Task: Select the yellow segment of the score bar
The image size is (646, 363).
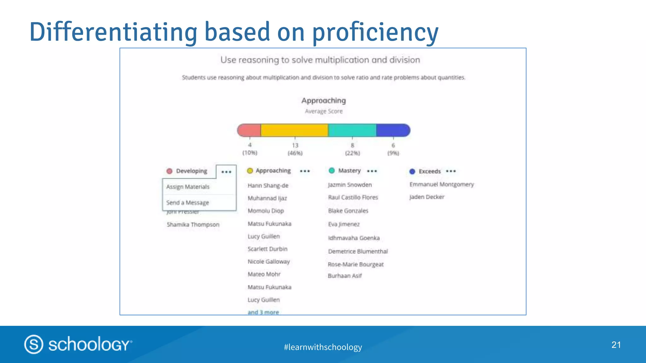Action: (294, 130)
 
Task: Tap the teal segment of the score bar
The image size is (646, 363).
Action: (352, 130)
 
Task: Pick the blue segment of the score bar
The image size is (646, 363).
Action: (393, 130)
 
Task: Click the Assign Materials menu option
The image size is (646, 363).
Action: (188, 187)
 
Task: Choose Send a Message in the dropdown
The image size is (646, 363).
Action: (188, 203)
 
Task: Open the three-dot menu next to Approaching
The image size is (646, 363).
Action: (305, 171)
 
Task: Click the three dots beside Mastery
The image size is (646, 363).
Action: (372, 171)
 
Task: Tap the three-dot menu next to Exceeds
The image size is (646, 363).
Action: (451, 171)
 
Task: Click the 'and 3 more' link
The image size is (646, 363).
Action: (263, 312)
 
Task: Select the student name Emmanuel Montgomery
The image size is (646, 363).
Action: (442, 184)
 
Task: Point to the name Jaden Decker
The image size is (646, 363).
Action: (427, 197)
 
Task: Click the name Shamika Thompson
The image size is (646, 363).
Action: (193, 225)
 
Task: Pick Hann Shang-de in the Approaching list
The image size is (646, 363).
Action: (268, 186)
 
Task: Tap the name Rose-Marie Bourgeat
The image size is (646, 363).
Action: (355, 264)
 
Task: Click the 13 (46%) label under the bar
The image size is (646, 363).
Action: (295, 149)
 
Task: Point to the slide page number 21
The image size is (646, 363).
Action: (616, 345)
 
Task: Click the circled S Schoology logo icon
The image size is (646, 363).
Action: (34, 344)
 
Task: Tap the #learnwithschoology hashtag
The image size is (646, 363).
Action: (323, 347)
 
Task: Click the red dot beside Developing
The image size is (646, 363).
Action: (169, 171)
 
